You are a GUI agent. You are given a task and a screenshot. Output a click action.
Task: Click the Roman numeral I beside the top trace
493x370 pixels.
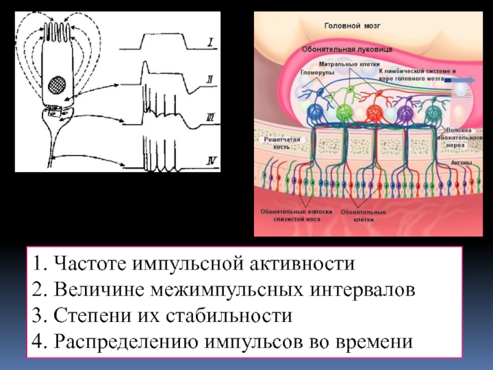210,43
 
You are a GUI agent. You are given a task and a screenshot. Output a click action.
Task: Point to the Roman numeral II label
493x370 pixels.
210,79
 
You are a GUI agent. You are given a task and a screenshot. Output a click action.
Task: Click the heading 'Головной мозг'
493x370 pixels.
353,27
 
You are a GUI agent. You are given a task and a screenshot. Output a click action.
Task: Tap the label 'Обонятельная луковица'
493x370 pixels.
347,48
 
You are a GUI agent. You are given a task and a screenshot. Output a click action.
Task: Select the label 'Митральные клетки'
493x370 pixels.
349,64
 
